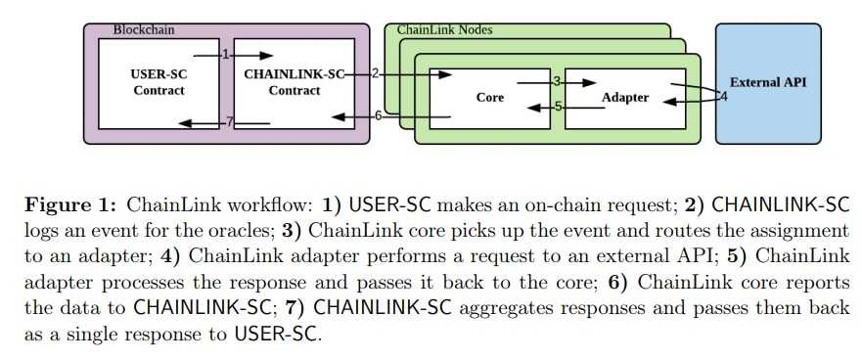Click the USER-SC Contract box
[x=158, y=83]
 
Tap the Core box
[x=489, y=97]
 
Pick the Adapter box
[x=624, y=97]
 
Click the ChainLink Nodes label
[x=444, y=30]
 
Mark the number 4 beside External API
[x=724, y=96]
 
